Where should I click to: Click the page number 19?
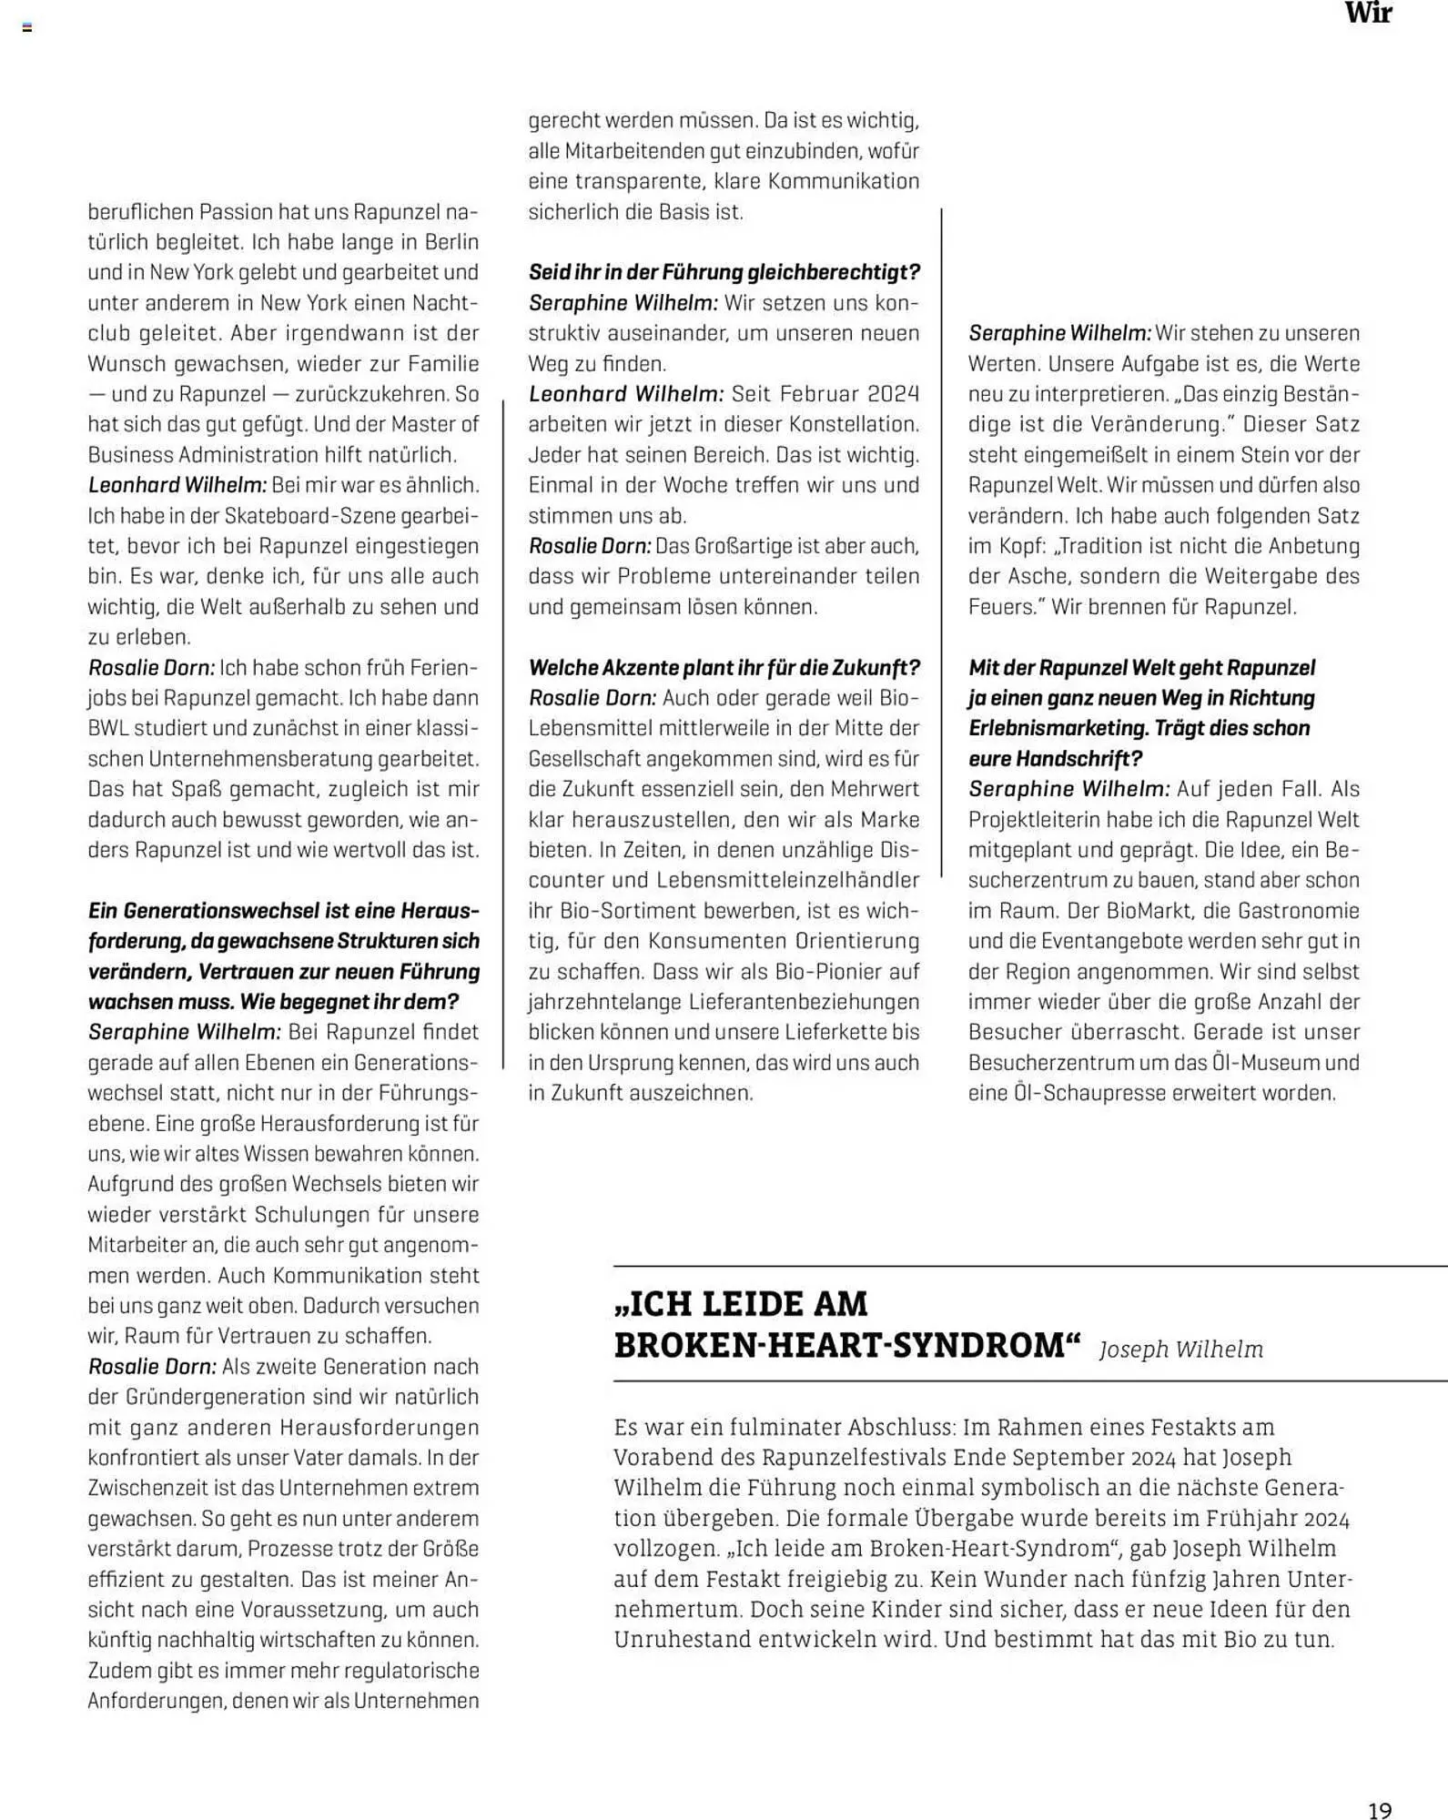[1379, 1810]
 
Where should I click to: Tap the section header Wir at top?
[1368, 14]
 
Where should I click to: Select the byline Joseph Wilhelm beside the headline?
[1180, 1350]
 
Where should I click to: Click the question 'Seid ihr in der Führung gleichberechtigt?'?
[724, 272]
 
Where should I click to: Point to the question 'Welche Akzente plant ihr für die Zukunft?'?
[724, 667]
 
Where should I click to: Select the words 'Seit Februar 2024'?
[825, 394]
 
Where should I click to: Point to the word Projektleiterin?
[1030, 820]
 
